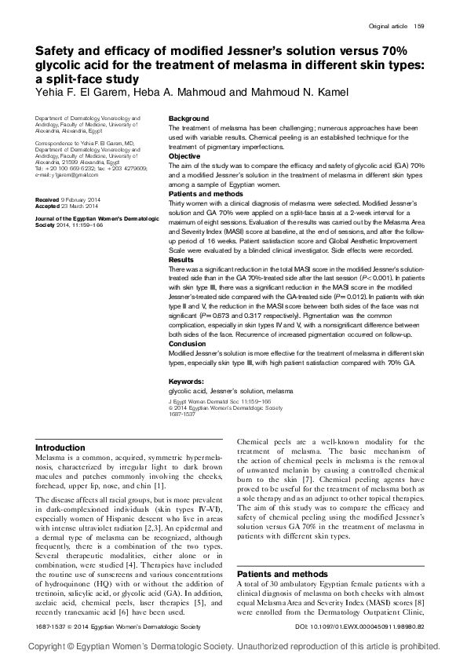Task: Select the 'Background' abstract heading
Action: (189, 119)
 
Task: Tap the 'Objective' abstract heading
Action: (185, 156)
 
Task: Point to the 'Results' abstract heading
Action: (182, 259)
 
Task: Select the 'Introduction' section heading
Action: (66, 447)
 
